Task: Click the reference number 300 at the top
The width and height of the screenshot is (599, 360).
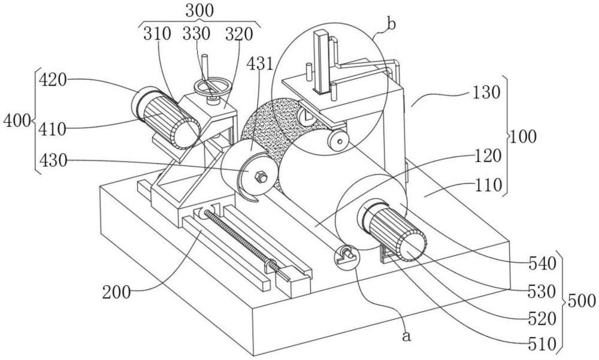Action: tap(200, 10)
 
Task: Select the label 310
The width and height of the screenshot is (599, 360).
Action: tap(157, 34)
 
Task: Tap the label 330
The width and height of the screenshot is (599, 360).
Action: tap(197, 34)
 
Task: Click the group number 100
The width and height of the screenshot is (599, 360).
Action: tap(525, 137)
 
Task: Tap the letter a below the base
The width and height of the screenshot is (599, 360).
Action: tap(407, 336)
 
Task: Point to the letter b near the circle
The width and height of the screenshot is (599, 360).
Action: tap(391, 25)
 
